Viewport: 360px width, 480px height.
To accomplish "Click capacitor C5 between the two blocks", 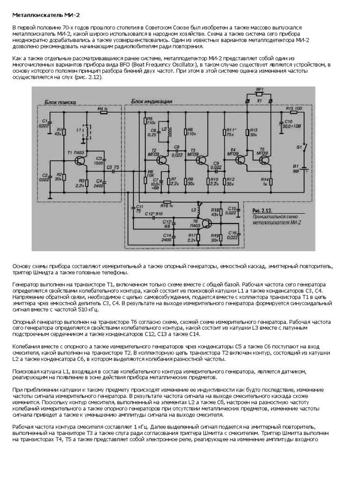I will [114, 171].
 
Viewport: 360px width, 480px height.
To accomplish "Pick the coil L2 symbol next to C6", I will [165, 133].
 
